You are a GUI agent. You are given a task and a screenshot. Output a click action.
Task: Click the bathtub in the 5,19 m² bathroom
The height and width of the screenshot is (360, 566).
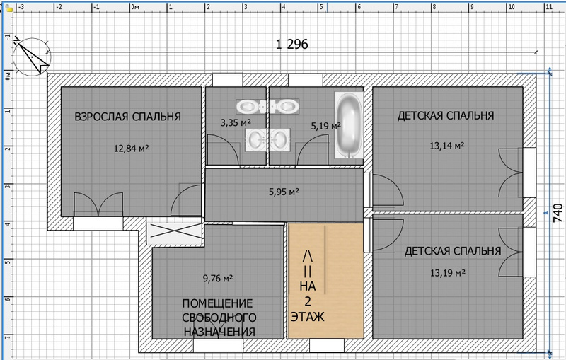(348, 125)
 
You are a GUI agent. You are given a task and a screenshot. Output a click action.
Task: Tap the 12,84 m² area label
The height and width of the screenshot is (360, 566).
(132, 149)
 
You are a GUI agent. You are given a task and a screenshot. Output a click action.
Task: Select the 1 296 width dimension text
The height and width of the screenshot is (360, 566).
(292, 45)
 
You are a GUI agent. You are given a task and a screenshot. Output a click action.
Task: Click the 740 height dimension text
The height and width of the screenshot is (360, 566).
(558, 213)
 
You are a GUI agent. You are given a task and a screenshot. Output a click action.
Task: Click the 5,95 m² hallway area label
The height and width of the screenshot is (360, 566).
(284, 192)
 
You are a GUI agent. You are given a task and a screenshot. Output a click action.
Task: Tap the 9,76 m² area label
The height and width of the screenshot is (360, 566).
(218, 278)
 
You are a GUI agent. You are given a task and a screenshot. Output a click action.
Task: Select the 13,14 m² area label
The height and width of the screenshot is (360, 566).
(447, 146)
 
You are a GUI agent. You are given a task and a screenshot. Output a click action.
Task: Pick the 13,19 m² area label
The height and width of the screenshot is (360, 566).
(448, 273)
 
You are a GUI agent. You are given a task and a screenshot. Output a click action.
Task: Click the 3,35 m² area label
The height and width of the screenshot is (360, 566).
(236, 122)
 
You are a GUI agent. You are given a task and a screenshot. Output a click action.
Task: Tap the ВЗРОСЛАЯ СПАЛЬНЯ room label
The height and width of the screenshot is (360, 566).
(127, 117)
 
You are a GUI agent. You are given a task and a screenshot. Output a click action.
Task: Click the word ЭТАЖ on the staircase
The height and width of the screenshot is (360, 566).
(308, 317)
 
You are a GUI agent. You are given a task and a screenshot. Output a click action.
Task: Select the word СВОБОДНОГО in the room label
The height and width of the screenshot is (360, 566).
(219, 318)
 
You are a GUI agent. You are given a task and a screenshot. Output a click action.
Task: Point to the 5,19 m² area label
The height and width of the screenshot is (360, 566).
(326, 126)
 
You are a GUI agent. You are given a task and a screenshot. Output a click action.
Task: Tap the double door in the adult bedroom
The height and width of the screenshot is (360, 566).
(98, 204)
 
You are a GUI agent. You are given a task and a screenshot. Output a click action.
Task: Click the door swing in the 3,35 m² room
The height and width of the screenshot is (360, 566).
(224, 150)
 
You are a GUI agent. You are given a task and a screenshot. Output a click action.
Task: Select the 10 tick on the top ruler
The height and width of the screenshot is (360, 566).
(511, 7)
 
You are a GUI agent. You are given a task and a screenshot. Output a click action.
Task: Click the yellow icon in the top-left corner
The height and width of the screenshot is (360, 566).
(9, 8)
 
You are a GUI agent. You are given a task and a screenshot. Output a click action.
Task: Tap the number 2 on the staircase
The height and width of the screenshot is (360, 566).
(308, 301)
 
